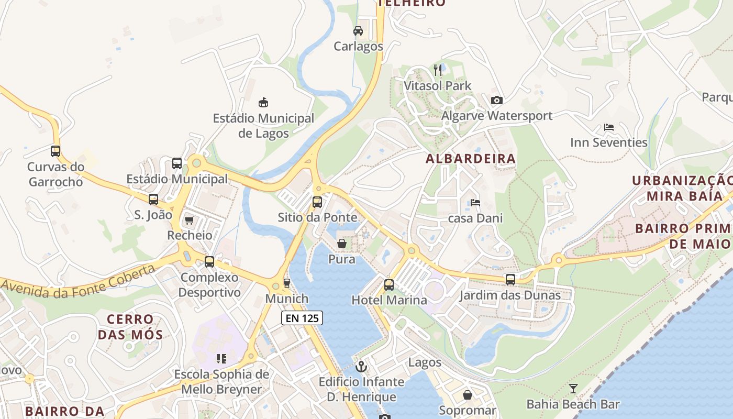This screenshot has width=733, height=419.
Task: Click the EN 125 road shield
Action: [x=302, y=318]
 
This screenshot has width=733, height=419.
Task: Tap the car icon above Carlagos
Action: [x=358, y=31]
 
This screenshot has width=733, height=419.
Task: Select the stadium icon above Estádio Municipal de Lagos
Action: [x=263, y=102]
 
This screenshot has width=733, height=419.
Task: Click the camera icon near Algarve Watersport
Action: [x=497, y=100]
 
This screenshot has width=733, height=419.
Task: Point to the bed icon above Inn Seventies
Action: [x=608, y=127]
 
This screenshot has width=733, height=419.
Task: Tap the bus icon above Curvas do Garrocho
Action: [x=55, y=151]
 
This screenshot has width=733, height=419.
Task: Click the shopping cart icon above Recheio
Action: [x=189, y=220]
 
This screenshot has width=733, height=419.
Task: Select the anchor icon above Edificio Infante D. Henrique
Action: [x=361, y=366]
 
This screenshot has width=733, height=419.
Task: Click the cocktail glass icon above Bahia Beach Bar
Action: [x=573, y=389]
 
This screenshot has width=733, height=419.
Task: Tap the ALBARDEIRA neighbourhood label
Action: [x=471, y=159]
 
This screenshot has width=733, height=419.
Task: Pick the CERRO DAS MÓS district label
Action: [x=131, y=327]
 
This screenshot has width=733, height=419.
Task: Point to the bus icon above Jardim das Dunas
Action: [x=510, y=280]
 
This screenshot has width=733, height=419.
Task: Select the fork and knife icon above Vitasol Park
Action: [x=438, y=70]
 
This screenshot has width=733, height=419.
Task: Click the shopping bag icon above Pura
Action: [x=342, y=244]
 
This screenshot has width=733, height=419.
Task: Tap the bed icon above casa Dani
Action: [x=475, y=203]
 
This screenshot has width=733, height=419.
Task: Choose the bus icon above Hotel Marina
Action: [x=389, y=285]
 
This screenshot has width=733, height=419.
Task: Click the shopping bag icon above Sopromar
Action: [x=468, y=395]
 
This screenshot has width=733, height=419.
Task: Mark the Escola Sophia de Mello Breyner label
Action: [x=221, y=382]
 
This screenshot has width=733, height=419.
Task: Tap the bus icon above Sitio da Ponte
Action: [x=317, y=202]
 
